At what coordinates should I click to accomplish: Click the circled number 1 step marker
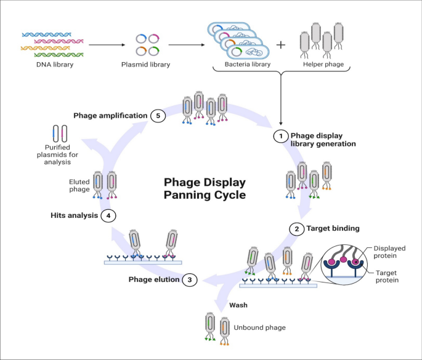[x=280, y=135]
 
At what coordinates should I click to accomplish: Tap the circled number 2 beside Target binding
[x=296, y=228]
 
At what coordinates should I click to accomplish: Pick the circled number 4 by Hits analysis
[x=108, y=216]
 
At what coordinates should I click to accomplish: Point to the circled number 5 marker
[x=158, y=115]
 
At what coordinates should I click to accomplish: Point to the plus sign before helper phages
[x=281, y=44]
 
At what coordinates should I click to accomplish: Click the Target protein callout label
[x=386, y=275]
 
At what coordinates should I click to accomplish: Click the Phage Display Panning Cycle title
[x=205, y=188]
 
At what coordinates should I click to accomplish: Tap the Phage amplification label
[x=110, y=115]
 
